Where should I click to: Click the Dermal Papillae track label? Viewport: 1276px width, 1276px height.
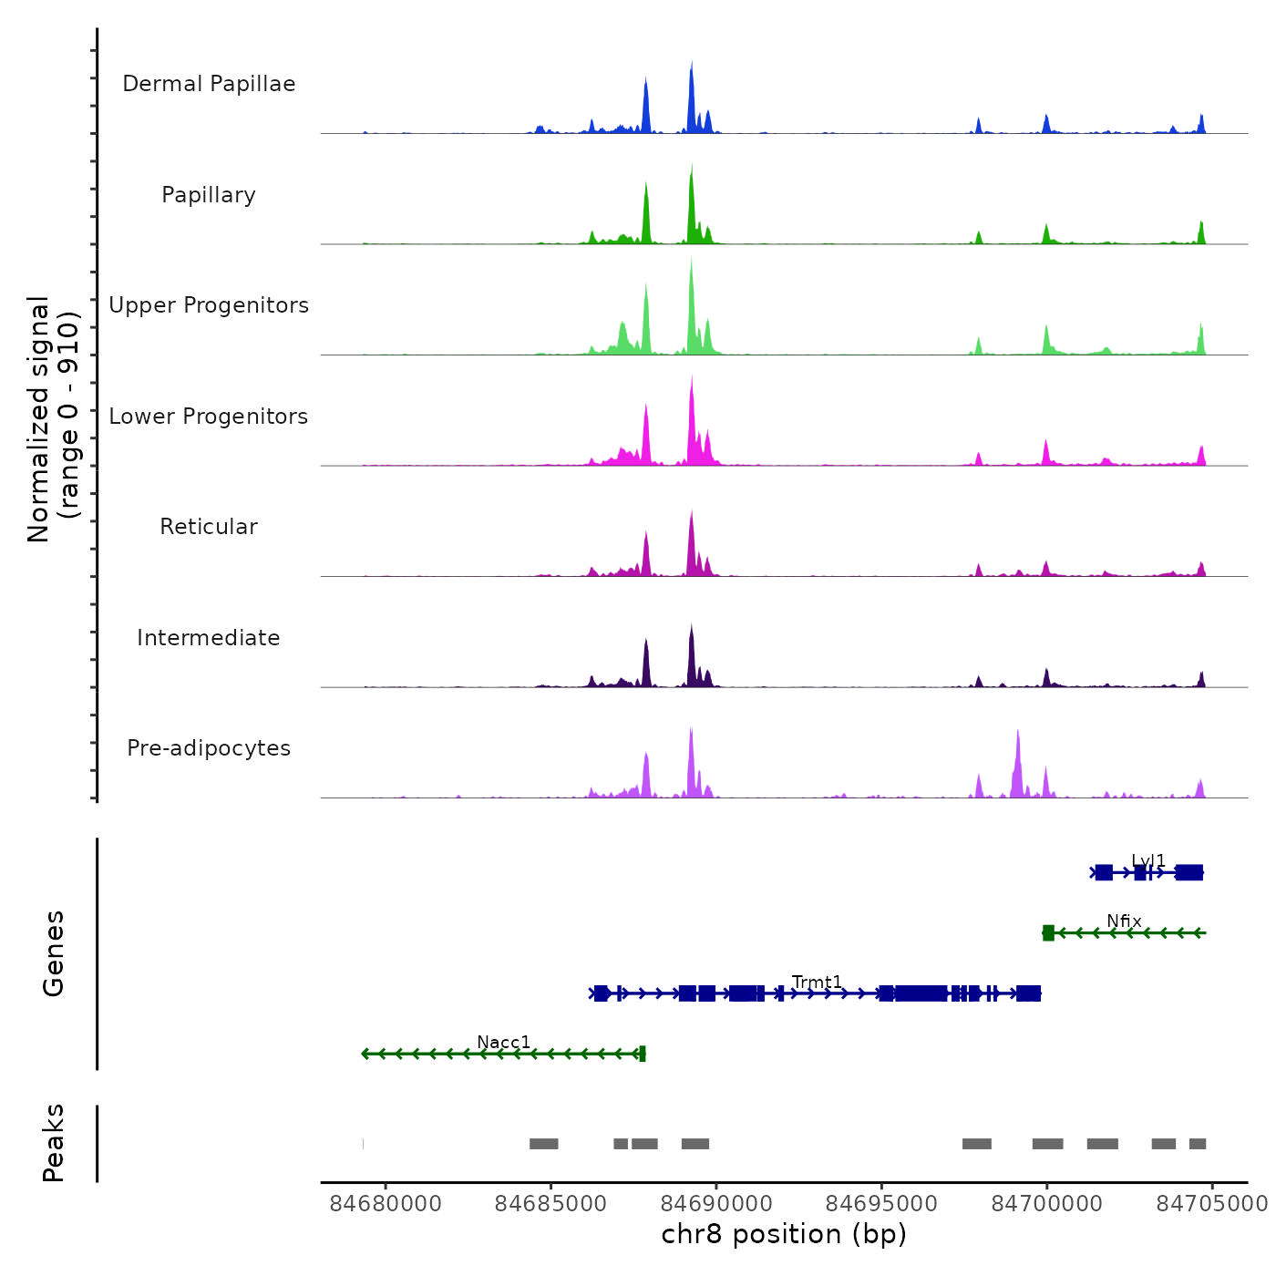pos(209,84)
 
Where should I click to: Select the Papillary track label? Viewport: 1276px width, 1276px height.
pos(209,195)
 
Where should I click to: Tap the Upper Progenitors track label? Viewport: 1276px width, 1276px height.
pos(209,305)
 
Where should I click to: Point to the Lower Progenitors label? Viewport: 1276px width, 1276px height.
pos(209,417)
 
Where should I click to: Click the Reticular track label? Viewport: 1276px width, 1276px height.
pos(209,527)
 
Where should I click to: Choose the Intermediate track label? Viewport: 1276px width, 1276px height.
pos(209,638)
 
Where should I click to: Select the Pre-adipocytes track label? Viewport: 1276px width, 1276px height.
pos(209,748)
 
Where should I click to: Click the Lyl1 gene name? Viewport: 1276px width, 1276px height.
pos(1148,860)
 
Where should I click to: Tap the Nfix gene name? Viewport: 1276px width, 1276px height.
pos(1124,921)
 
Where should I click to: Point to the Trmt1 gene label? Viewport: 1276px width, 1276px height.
pos(817,982)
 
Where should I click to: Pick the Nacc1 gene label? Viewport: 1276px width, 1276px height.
pos(503,1042)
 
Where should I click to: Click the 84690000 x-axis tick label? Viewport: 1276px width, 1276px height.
pos(716,1204)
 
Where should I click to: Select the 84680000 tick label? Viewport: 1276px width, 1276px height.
pos(386,1204)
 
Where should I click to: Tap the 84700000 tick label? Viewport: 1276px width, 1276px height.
pos(1047,1204)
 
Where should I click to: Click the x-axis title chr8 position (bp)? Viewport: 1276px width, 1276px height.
pos(784,1234)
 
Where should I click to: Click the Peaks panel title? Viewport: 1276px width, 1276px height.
pos(54,1143)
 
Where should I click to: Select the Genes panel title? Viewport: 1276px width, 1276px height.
pos(54,953)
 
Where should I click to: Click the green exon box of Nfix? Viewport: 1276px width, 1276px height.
pos(1048,932)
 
